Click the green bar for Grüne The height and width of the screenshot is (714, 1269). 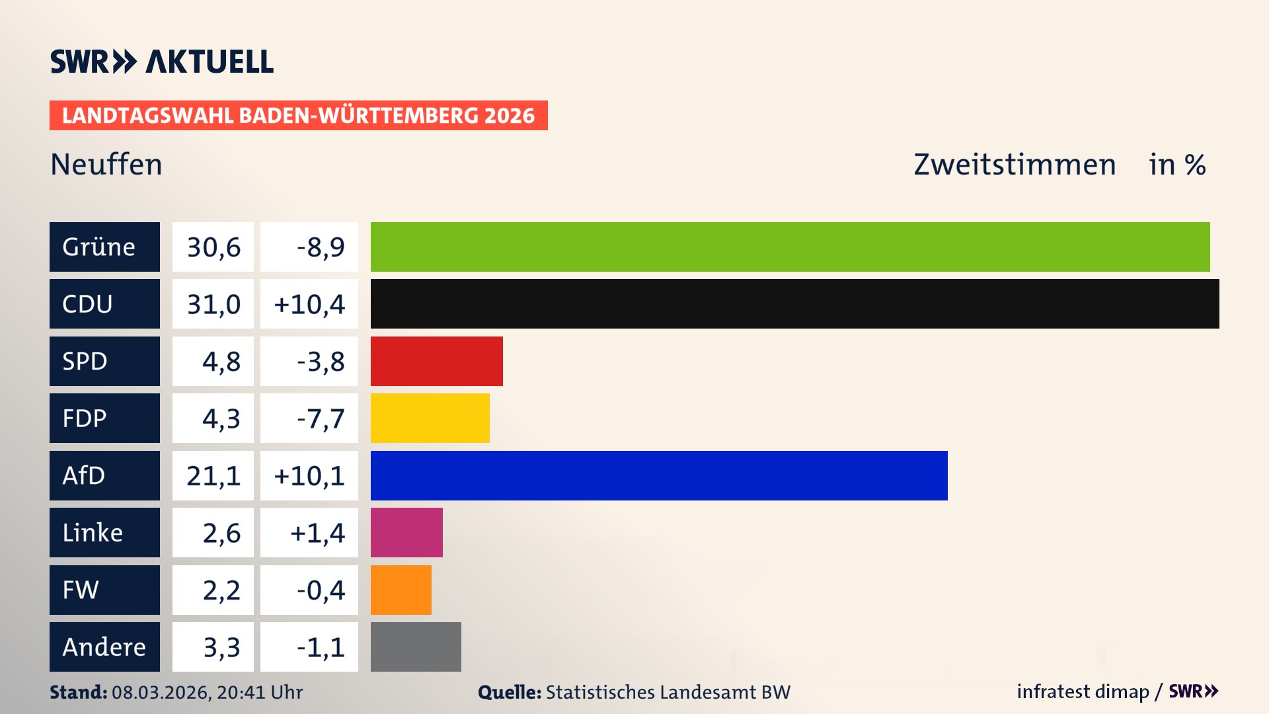point(790,247)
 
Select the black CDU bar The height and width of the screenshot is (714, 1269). point(794,303)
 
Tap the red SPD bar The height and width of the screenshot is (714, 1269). point(436,361)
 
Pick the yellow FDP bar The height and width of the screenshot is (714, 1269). point(430,418)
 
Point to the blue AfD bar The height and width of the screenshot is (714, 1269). point(659,475)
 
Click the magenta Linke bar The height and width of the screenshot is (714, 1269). point(406,532)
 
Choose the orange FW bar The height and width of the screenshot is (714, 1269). point(401,590)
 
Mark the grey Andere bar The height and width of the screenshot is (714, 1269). point(416,647)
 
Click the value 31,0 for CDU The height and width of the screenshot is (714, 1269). point(213,304)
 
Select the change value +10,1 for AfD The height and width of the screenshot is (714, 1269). point(309,476)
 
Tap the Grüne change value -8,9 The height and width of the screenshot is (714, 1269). point(321,247)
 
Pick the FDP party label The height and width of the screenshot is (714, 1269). point(85,418)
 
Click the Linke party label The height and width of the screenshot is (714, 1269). point(93,533)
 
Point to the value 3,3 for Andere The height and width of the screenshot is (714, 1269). point(221,647)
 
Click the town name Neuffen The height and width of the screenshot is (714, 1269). point(106,165)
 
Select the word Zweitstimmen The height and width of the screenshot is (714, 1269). point(1015,165)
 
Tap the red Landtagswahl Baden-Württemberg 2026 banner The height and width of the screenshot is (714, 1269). point(298,116)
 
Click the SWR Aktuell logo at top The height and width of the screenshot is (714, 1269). point(162,61)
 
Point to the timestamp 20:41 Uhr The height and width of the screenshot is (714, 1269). point(259,692)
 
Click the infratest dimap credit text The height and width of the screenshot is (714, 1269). point(1083,692)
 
